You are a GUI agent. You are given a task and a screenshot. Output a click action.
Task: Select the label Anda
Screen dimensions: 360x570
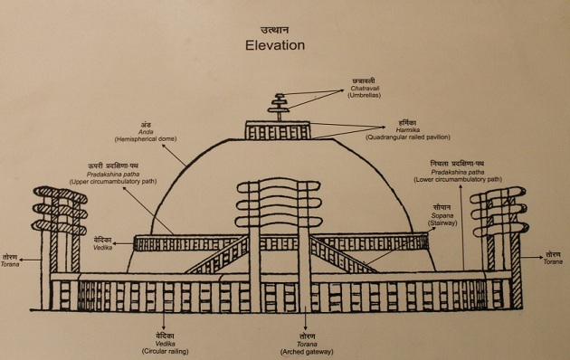point(144,131)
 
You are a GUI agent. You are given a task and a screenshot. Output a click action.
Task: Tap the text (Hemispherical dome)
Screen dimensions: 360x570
point(145,139)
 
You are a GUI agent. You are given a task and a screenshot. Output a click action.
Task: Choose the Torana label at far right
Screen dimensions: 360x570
point(554,262)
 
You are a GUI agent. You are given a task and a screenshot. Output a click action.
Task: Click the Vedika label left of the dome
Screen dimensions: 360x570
point(101,244)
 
